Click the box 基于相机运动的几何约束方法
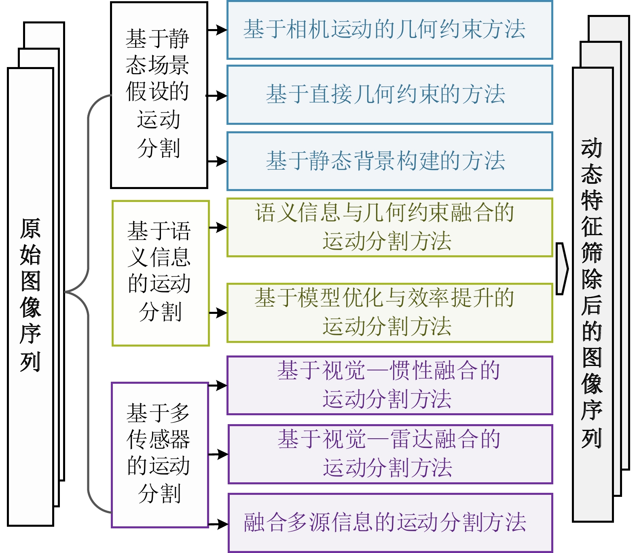[389, 30]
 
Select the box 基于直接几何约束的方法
[389, 95]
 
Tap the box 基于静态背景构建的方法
[389, 161]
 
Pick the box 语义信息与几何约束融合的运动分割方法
[389, 227]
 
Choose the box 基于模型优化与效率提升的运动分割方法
[389, 313]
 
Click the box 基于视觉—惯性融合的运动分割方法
[389, 385]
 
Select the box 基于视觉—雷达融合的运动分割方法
[389, 454]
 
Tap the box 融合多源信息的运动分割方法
[389, 522]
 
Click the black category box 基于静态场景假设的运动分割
[159, 95]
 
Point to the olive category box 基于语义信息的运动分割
[161, 273]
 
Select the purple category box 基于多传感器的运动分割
[160, 455]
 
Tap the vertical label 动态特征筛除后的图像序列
[592, 294]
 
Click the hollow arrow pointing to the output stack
[561, 269]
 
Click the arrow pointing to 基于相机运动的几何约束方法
[218, 30]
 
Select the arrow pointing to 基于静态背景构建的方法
[218, 161]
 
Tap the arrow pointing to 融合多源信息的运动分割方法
[218, 524]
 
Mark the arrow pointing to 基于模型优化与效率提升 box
[218, 313]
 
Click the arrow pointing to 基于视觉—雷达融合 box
[218, 454]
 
